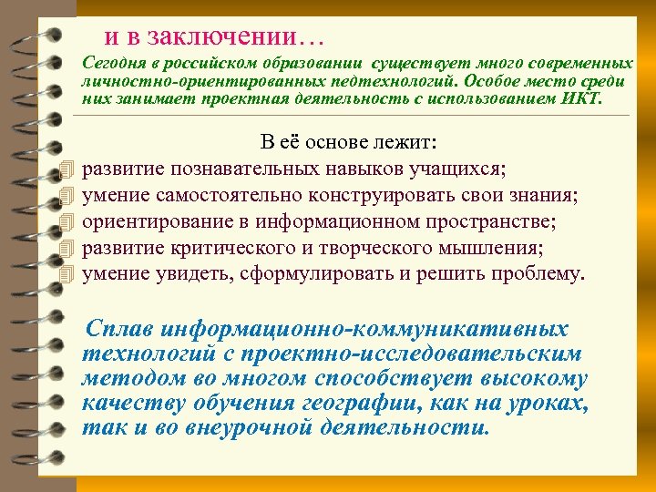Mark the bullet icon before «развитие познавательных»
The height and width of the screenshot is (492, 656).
(62, 169)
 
